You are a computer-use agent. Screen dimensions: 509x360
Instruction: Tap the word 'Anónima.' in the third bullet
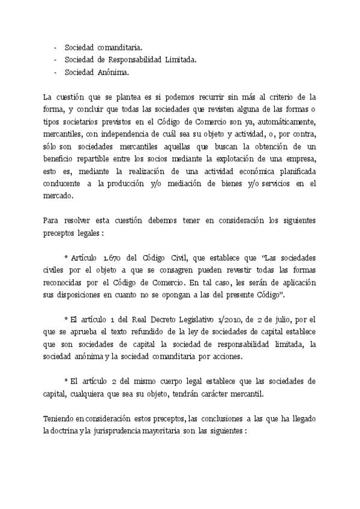pyautogui.click(x=112, y=73)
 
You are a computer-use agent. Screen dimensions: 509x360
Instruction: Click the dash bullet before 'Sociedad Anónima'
pyautogui.click(x=55, y=73)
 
